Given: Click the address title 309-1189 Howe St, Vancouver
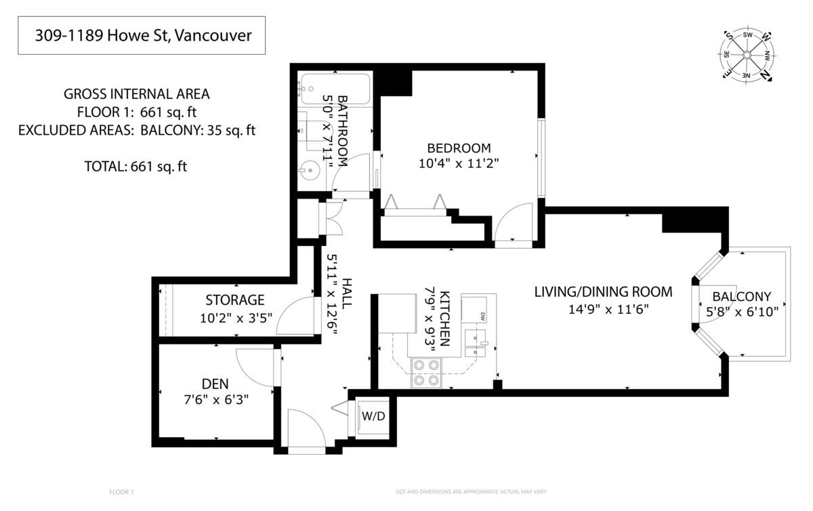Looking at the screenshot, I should point(141,35).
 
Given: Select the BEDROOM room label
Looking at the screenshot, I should point(458,148).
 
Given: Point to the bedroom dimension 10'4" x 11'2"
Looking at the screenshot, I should point(458,163).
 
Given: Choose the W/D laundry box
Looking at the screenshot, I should point(373,416).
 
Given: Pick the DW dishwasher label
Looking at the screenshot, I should point(483,316).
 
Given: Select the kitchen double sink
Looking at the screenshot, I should point(478,340).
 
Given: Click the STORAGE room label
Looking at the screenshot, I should point(235,300).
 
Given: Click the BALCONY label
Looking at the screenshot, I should point(742,296).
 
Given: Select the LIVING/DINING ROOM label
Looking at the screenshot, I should point(603,292).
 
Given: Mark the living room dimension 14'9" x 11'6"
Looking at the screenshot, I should point(603,310).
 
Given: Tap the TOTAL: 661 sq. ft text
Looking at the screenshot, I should point(135,166).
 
